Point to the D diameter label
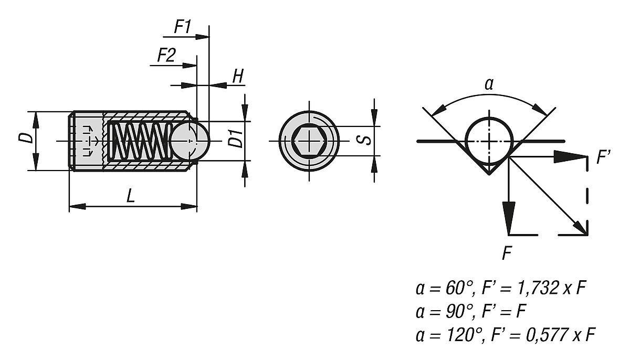click(25, 139)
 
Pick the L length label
click(130, 197)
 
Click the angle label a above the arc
click(489, 84)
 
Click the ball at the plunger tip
click(190, 141)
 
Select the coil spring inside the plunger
click(140, 141)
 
